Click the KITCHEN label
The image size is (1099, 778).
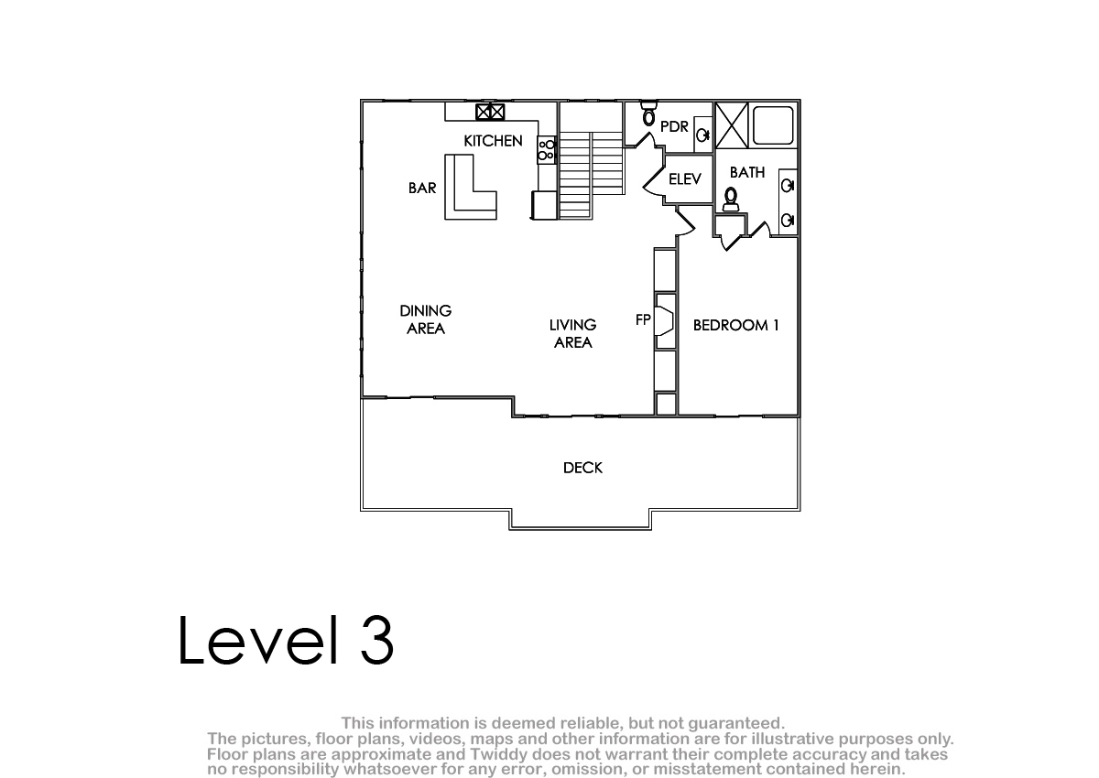[x=493, y=141]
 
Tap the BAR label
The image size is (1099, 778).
[x=422, y=188]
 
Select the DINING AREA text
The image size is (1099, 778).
[x=425, y=319]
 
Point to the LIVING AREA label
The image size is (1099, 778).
[x=572, y=333]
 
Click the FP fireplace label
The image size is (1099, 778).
[x=643, y=319]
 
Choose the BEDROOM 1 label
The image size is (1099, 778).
[x=736, y=325]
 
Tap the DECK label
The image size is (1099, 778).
[x=582, y=468]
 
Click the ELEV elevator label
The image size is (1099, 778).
[x=685, y=178]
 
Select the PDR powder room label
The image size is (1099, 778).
[x=674, y=126]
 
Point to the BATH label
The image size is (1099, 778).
[x=747, y=172]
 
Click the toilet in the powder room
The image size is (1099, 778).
[x=648, y=113]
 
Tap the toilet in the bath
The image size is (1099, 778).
[x=731, y=200]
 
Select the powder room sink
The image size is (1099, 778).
[x=703, y=135]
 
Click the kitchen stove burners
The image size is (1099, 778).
[x=546, y=150]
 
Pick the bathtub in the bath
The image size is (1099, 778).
[x=773, y=125]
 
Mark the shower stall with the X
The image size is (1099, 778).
[x=732, y=125]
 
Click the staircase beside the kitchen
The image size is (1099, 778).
[x=592, y=175]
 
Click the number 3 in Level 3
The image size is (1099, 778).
[x=376, y=640]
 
